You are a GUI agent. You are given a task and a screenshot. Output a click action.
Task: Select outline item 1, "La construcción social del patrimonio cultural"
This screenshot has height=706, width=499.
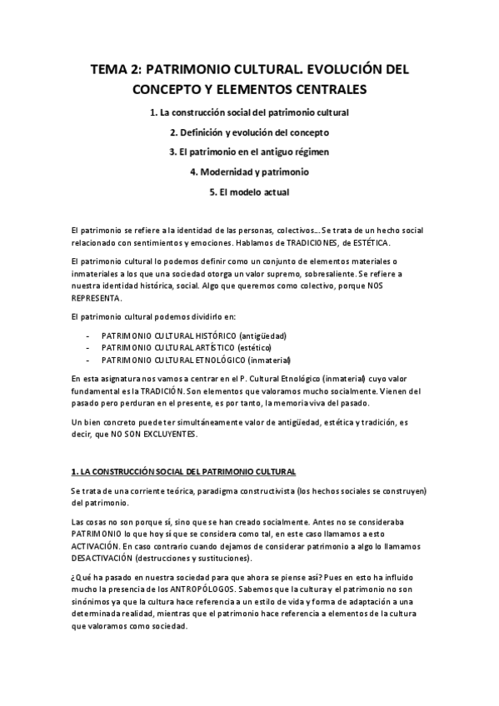pyautogui.click(x=249, y=112)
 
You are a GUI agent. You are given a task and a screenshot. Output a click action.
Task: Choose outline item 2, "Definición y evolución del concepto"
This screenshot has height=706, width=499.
pyautogui.click(x=249, y=132)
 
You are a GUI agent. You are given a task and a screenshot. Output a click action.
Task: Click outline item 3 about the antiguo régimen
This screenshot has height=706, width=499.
pyautogui.click(x=249, y=152)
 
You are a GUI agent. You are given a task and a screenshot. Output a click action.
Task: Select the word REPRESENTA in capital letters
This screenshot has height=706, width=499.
pyautogui.click(x=97, y=297)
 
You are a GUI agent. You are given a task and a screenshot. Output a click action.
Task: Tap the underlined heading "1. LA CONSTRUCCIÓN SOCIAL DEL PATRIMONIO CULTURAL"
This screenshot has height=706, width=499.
pyautogui.click(x=183, y=471)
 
